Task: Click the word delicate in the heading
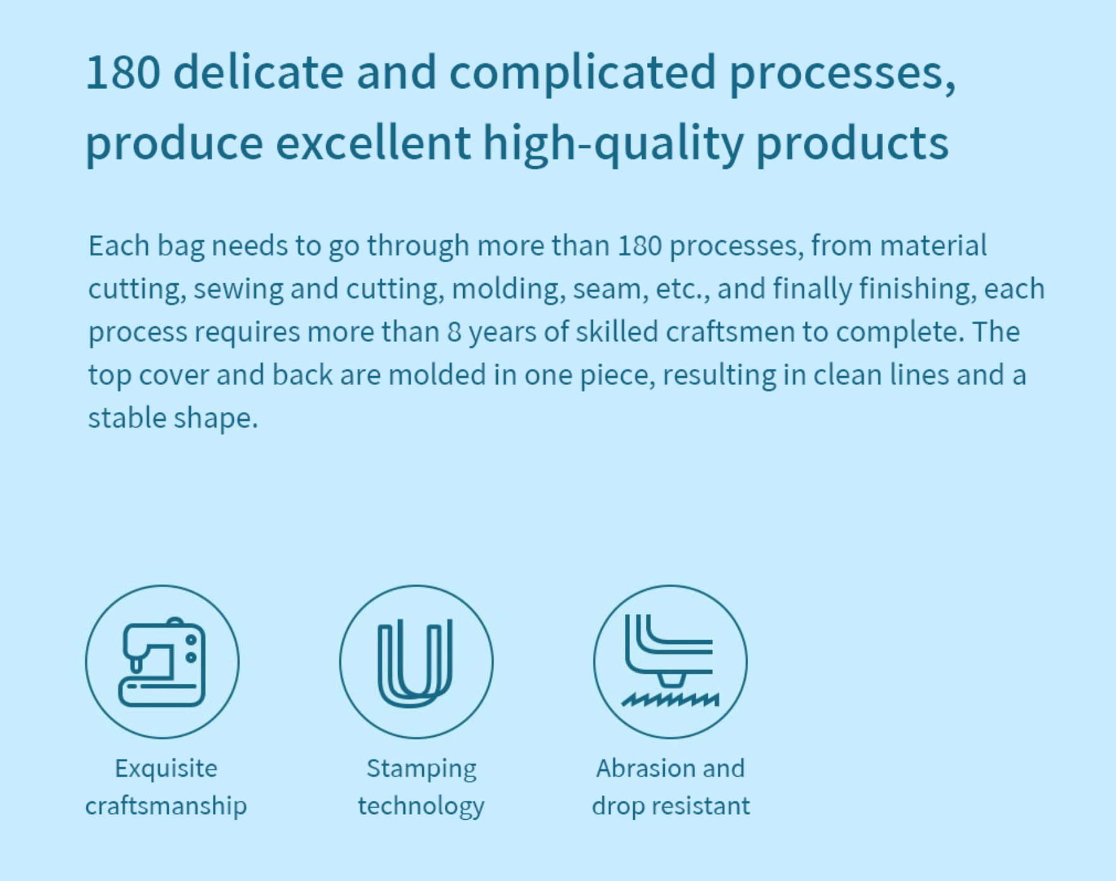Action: (258, 71)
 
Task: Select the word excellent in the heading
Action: (373, 142)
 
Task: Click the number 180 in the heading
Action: (123, 72)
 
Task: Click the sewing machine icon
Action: (162, 662)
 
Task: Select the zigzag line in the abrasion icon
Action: (670, 699)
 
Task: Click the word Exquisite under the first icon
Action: (166, 769)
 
